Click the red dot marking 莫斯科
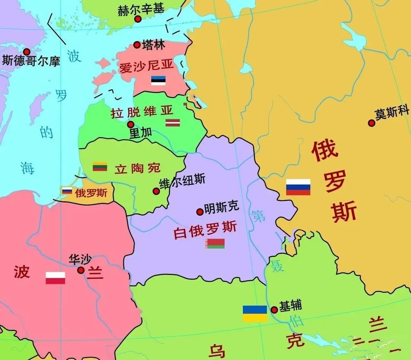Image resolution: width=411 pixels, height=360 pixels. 371,123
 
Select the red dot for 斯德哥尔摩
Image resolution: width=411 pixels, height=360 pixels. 27,52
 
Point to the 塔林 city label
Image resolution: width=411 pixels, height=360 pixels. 153,45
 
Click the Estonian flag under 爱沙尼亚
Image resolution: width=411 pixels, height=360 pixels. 158,80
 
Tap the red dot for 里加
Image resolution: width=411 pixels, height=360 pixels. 131,125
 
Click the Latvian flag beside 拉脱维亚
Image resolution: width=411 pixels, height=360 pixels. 172,123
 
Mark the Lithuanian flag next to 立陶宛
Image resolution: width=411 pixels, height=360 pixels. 100,166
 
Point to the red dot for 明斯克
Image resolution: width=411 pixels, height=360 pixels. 199,212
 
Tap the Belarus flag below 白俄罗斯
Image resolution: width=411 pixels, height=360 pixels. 215,243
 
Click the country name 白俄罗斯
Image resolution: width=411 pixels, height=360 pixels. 205,230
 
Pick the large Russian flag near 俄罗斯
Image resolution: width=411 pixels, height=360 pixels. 298,187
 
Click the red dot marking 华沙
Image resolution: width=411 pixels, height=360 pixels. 81,270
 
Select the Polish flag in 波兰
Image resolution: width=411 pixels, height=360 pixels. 55,278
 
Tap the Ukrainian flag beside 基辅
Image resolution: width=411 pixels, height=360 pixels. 255,313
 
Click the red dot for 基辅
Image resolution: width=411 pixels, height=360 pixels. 274,310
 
